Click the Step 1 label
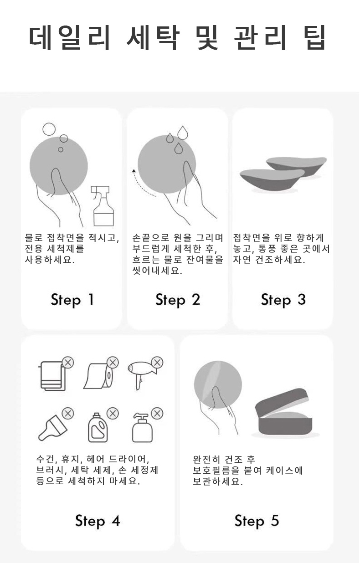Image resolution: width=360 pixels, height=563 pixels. click(72, 300)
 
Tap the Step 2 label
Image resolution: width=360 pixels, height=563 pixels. click(178, 300)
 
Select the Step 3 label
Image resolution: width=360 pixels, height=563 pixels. click(283, 300)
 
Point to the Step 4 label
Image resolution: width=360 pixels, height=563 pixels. click(98, 521)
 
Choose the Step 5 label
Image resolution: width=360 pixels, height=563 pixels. click(257, 521)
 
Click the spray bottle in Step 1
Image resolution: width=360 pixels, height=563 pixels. click(103, 207)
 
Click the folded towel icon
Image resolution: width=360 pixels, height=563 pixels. click(52, 376)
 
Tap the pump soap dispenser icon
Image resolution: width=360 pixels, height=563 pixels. click(142, 428)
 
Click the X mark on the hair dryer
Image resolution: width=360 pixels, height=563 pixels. click(157, 363)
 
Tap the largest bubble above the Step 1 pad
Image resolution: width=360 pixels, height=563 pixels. click(49, 129)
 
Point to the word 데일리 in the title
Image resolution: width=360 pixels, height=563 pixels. click(69, 38)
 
